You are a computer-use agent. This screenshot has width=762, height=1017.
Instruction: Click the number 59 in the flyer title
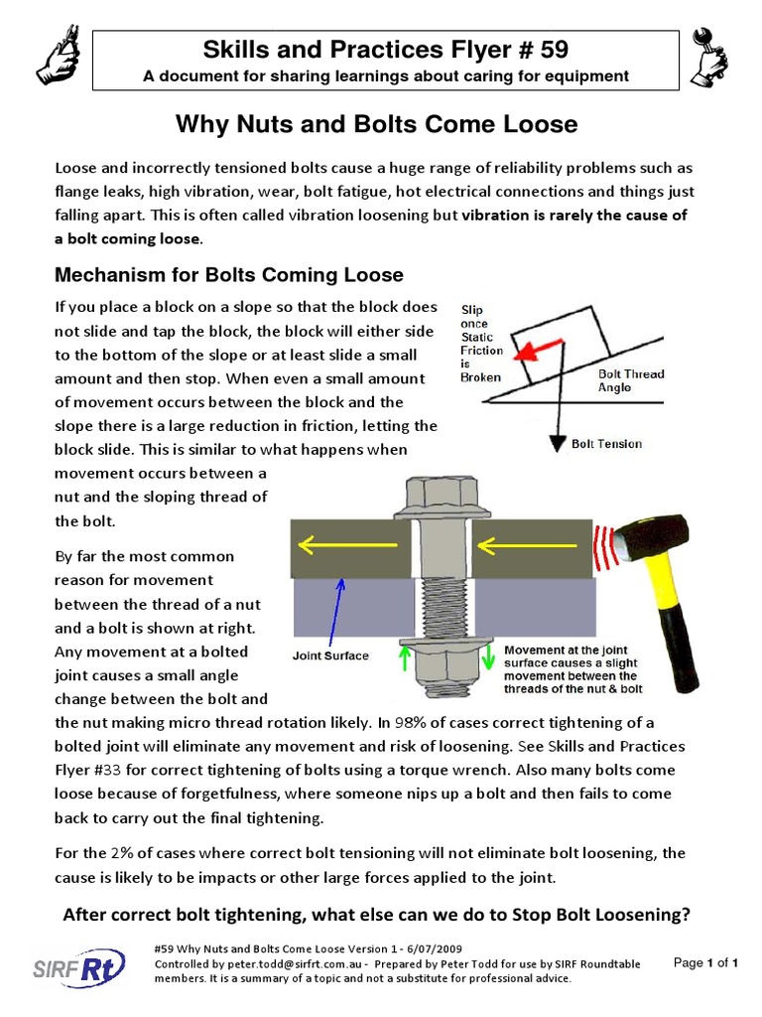[550, 48]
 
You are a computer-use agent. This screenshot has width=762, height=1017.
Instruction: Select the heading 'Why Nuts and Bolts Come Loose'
[376, 124]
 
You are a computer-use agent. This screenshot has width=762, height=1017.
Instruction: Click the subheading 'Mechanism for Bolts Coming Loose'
[228, 274]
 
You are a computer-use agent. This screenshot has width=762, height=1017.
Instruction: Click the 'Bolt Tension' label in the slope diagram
[607, 444]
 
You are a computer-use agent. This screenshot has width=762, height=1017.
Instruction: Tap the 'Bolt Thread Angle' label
[631, 380]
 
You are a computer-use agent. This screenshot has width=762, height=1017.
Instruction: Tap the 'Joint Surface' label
[331, 655]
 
